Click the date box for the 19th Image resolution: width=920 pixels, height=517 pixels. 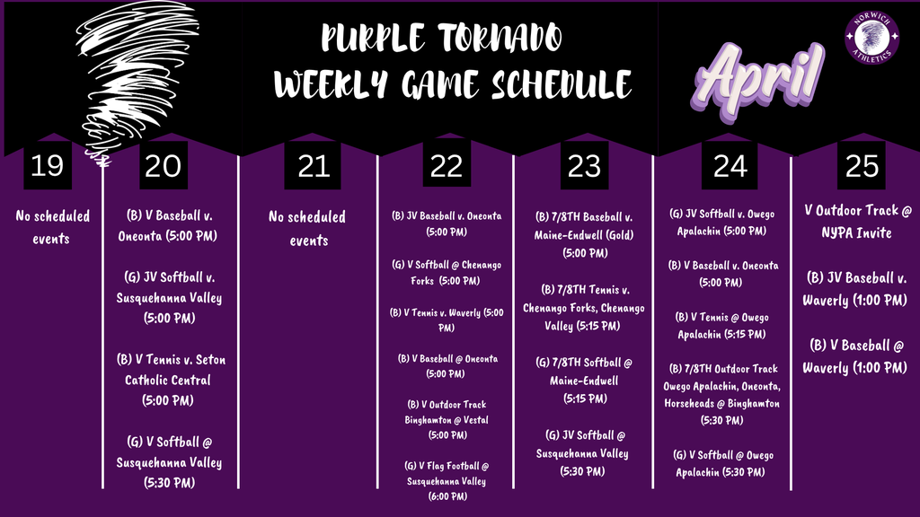tap(47, 165)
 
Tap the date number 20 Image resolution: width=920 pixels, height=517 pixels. tap(163, 165)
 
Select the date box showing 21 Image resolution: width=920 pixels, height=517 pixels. tap(313, 165)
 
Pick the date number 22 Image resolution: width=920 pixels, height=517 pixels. tap(447, 165)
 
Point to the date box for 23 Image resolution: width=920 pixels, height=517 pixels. tap(585, 165)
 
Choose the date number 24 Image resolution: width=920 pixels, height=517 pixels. tap(730, 165)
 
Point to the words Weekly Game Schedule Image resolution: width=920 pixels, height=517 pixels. tap(453, 85)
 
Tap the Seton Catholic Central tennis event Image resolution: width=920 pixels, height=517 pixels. tap(170, 380)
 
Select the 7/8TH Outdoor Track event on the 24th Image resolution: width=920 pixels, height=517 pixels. tap(723, 394)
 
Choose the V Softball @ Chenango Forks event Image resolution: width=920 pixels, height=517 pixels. tap(447, 273)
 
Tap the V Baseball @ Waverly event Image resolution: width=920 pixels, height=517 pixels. tap(854, 356)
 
